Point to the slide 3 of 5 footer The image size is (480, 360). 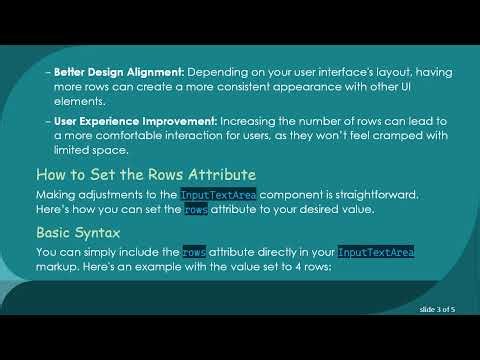[x=437, y=310]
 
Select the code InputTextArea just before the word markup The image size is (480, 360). [x=375, y=252]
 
